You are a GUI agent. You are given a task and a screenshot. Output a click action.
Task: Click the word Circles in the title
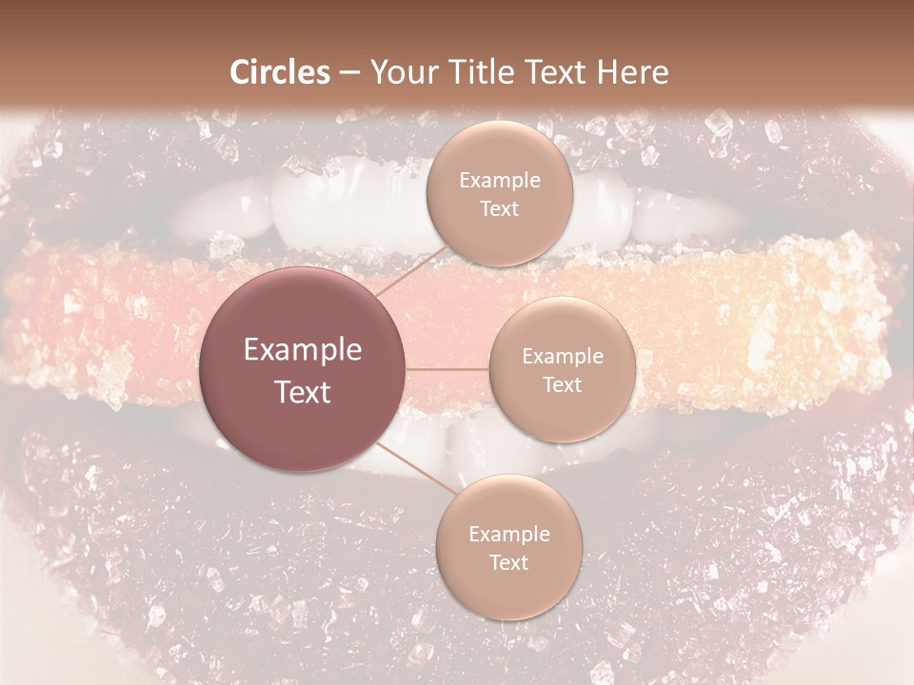pos(280,72)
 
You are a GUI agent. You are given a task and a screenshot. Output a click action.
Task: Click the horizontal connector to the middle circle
pos(447,369)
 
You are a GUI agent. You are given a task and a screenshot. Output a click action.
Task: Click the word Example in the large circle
pos(303,350)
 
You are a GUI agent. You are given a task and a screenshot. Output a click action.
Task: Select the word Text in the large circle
pos(303,392)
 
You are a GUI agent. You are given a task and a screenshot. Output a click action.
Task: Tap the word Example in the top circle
pos(499,181)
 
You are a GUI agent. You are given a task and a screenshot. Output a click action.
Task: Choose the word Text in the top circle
pos(499,209)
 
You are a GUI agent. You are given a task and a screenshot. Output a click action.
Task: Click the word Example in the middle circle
pos(562,357)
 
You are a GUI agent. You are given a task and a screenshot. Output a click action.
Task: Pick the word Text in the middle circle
pos(562,385)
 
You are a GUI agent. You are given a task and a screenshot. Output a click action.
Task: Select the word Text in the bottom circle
pos(508,563)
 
